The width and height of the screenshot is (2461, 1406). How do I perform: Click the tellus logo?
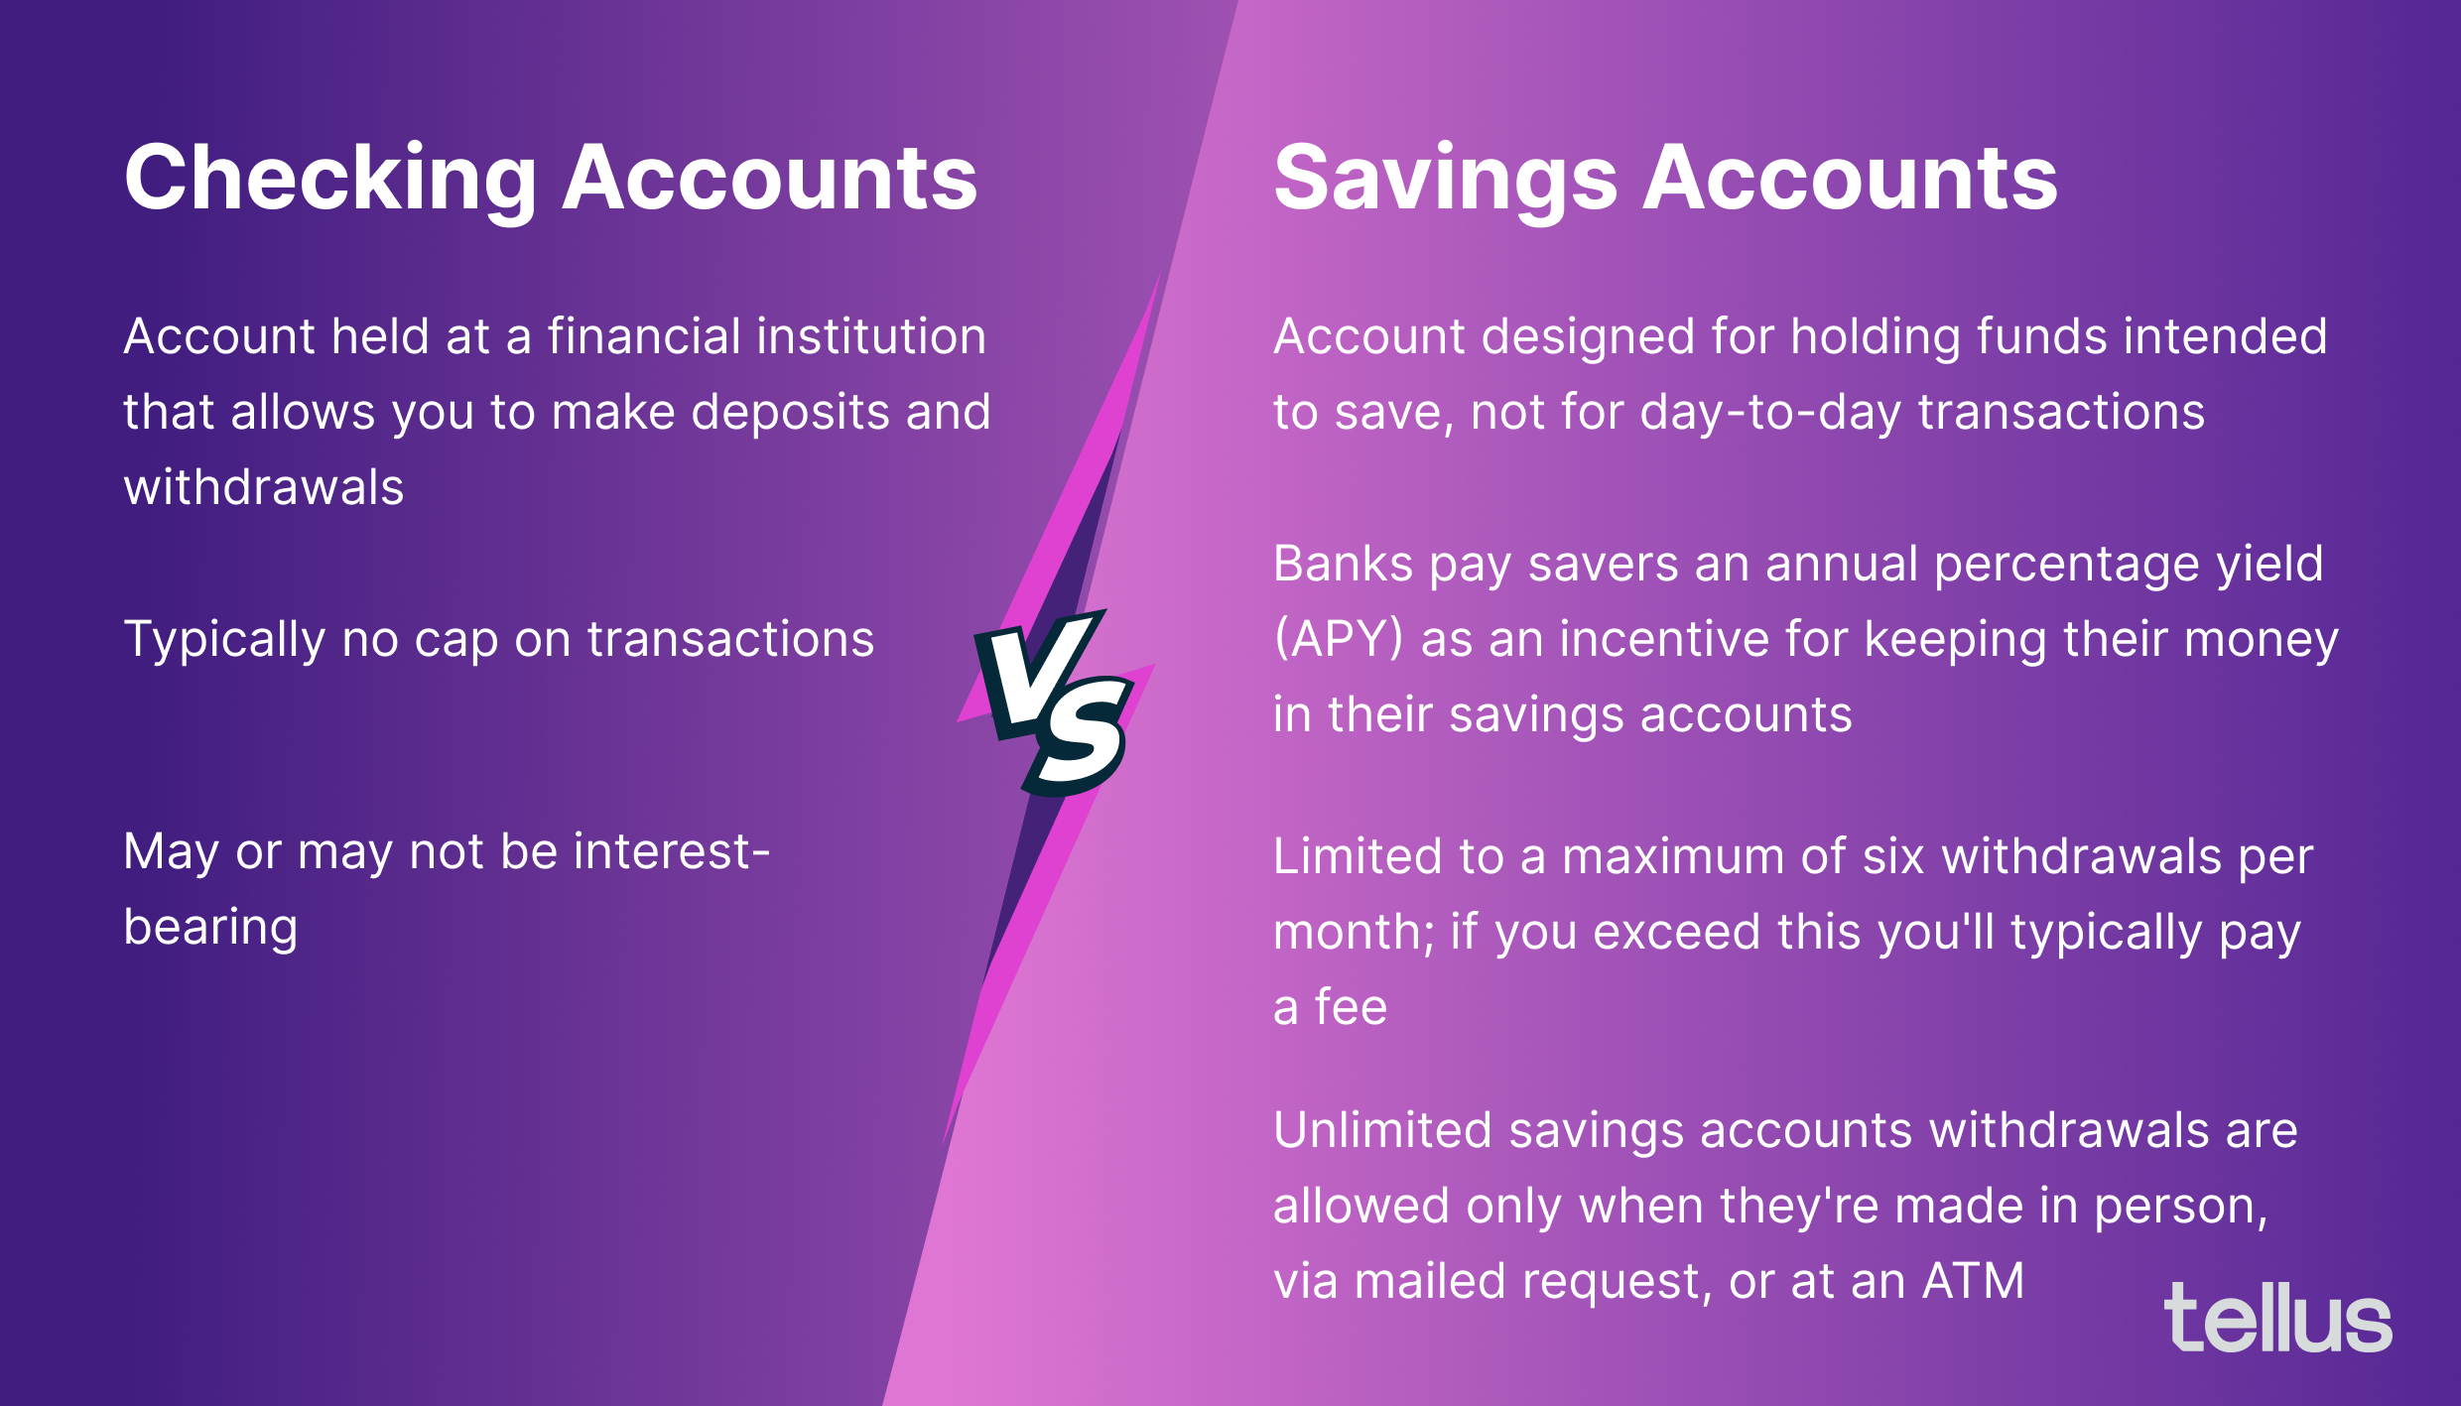pyautogui.click(x=2277, y=1319)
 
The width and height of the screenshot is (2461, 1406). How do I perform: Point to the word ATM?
pyautogui.click(x=1973, y=1281)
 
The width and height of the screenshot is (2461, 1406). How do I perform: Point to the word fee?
pyautogui.click(x=1351, y=1008)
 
